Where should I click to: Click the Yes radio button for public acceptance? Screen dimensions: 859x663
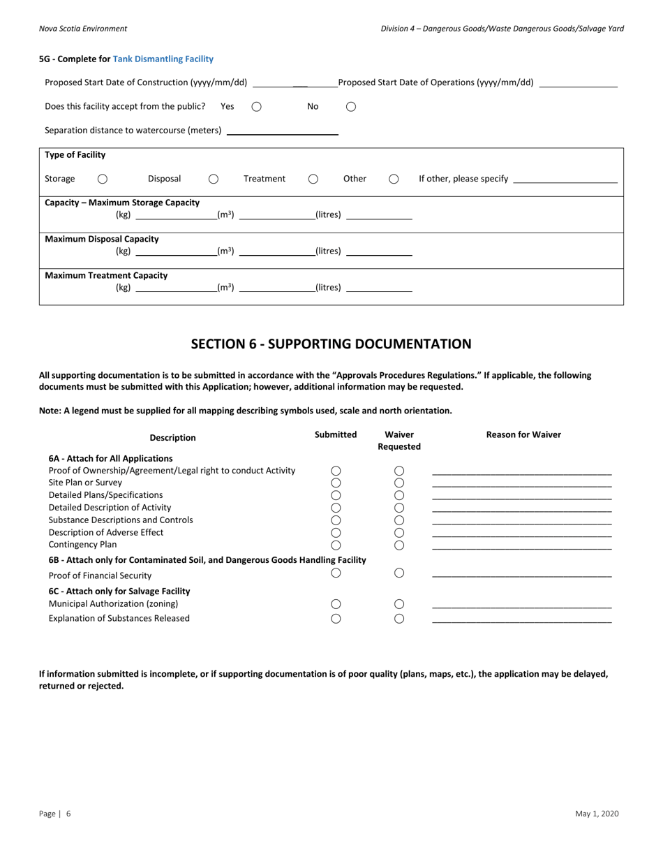(x=256, y=107)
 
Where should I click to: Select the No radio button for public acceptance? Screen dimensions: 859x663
(x=351, y=107)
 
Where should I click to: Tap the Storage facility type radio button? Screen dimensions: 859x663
(x=103, y=179)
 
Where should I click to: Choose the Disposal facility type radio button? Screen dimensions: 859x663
(x=214, y=179)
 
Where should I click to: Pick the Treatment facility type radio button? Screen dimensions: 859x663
(x=313, y=179)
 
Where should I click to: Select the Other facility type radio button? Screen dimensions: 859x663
(x=394, y=179)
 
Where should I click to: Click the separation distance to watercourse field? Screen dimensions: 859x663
(x=282, y=130)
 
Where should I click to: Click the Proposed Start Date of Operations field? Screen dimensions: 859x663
(x=579, y=82)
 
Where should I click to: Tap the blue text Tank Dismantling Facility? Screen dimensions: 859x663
(x=163, y=59)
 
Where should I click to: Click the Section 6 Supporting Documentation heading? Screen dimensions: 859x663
(x=331, y=344)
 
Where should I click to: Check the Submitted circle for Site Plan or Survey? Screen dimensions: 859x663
(x=336, y=483)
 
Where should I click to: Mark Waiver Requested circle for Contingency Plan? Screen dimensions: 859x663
(x=399, y=545)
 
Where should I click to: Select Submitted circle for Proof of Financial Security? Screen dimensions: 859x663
(x=336, y=573)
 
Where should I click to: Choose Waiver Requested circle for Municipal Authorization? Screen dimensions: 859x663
(x=399, y=604)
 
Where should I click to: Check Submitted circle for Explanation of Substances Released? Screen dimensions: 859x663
(x=336, y=618)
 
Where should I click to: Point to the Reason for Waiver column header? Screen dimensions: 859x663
(x=523, y=434)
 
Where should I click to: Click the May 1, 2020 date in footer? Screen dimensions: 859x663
(x=597, y=814)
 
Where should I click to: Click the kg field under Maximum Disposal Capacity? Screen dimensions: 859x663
(x=175, y=251)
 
